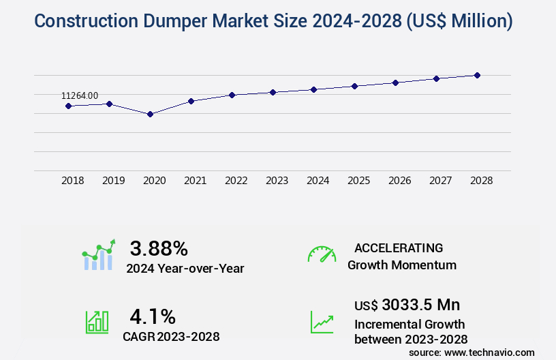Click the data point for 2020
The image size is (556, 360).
point(150,114)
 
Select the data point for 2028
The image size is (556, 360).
point(477,75)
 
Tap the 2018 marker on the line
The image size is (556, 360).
point(68,106)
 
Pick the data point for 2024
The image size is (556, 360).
point(313,89)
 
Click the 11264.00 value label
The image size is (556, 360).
point(80,96)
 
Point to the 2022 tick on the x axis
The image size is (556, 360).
point(236,181)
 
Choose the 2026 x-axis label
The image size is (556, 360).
point(399,181)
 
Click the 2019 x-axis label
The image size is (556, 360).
point(113,181)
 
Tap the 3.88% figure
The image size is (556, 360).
point(159,247)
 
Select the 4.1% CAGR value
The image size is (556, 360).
point(153,316)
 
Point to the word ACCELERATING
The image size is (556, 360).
point(399,247)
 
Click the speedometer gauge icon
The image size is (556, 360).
point(322,254)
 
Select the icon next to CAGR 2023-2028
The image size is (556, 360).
point(97,322)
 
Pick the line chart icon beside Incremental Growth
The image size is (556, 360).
point(322,322)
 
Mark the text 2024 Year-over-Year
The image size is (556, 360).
point(185,269)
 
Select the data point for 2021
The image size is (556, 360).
point(191,101)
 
